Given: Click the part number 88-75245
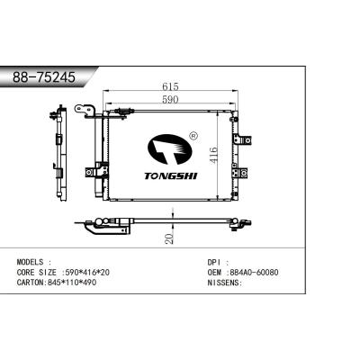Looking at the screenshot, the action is (x=44, y=77).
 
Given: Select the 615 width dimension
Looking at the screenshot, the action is (x=170, y=86).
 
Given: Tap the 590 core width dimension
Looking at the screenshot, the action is (x=170, y=99).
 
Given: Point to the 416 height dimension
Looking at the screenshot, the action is (x=213, y=155).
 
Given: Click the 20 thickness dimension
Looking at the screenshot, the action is (x=170, y=238).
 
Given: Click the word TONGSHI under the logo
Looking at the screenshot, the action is (x=171, y=176).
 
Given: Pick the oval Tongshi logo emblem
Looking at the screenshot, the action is (x=170, y=149).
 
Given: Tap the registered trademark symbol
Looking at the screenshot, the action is (x=193, y=136).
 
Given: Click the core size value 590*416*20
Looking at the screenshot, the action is (x=85, y=273).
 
